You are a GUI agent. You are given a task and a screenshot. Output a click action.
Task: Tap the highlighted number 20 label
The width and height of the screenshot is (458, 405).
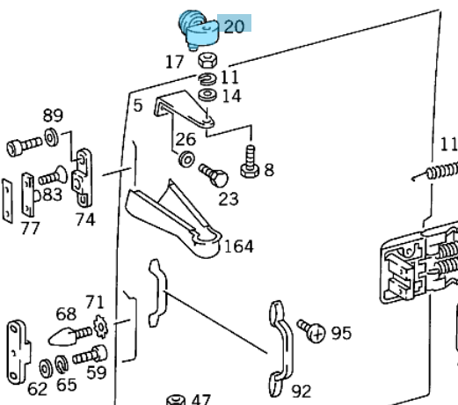pyautogui.click(x=234, y=26)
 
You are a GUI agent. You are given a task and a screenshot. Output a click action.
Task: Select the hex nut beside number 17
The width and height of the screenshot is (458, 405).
pyautogui.click(x=208, y=61)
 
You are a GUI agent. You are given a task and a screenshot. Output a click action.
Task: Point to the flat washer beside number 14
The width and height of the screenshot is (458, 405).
pyautogui.click(x=208, y=93)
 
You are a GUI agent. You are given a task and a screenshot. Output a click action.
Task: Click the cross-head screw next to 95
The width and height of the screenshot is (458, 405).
pyautogui.click(x=310, y=331)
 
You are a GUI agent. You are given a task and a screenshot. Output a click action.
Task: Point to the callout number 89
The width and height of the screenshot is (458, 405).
pyautogui.click(x=53, y=115)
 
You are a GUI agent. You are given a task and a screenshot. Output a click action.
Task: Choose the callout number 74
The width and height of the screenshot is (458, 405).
pyautogui.click(x=84, y=219)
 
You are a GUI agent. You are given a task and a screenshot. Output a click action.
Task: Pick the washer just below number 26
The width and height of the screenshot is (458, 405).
pyautogui.click(x=185, y=161)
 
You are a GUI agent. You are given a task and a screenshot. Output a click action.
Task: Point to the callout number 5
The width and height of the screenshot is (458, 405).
pyautogui.click(x=137, y=107)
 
